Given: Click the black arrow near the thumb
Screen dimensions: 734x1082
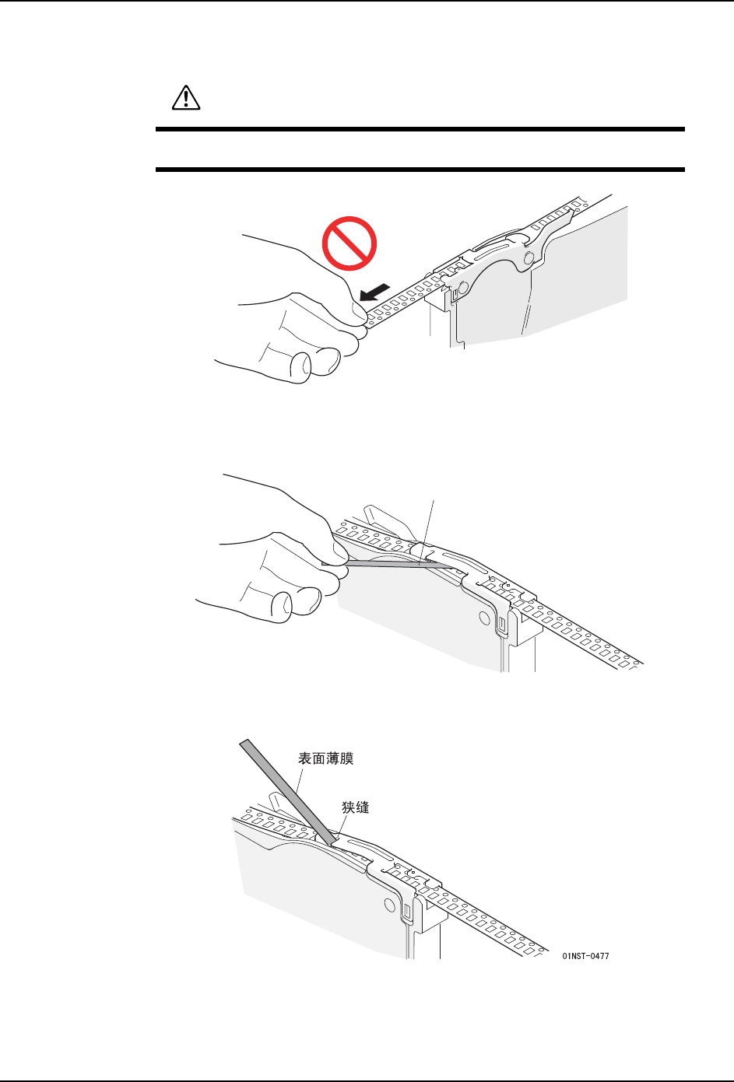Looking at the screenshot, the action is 375,292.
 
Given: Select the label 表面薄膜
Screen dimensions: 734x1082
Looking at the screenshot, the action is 325,758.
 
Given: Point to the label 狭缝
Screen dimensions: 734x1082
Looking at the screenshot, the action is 356,807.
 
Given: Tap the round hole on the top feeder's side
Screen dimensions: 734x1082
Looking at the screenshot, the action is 462,288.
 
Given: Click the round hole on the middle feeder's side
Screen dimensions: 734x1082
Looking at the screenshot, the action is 484,618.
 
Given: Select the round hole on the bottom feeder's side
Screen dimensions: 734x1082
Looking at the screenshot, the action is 389,904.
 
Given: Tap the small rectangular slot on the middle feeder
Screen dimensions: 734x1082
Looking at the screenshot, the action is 501,624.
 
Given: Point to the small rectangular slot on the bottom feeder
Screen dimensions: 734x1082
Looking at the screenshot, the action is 407,911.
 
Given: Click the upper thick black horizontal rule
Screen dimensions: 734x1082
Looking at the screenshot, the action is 420,129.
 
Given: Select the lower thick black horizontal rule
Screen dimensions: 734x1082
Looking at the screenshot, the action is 420,170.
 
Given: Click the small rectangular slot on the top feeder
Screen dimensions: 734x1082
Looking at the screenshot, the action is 455,294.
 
